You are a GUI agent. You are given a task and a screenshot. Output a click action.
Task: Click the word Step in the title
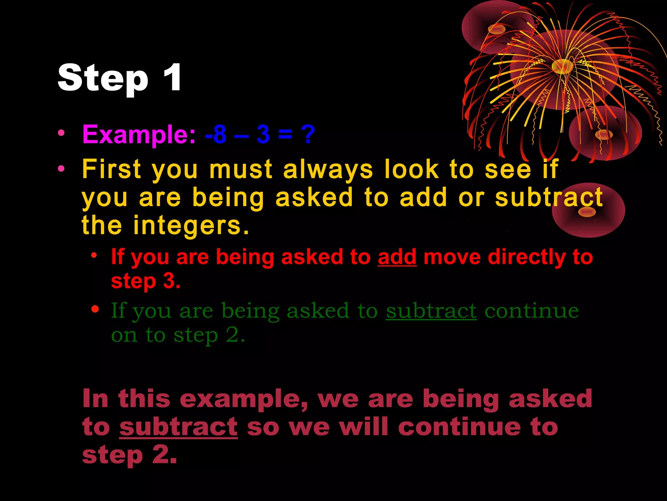tap(103, 78)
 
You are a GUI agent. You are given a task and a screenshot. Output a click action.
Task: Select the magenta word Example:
tap(139, 134)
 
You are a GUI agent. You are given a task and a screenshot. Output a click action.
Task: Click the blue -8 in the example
tap(216, 134)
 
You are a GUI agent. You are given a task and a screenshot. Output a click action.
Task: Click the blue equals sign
tap(285, 134)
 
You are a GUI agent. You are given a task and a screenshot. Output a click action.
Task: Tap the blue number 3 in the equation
tap(263, 134)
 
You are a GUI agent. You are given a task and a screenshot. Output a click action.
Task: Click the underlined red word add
tap(397, 257)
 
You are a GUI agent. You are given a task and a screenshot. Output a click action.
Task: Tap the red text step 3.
tap(146, 281)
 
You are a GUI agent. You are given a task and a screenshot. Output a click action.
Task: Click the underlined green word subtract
tap(431, 311)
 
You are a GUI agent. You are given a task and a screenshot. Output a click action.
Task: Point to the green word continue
tap(532, 311)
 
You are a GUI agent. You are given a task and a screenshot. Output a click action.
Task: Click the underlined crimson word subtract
tap(178, 427)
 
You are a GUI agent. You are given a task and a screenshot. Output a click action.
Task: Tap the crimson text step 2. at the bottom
tap(130, 455)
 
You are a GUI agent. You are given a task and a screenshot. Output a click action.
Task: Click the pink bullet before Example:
tap(61, 133)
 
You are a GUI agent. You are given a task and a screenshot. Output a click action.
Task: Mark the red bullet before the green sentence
tap(95, 309)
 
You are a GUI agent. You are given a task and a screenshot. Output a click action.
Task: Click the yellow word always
tap(328, 170)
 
